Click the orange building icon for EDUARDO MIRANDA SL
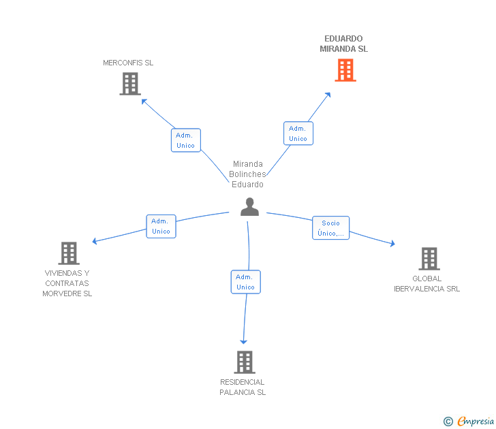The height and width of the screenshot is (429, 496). (345, 70)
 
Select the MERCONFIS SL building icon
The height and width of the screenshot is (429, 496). (130, 84)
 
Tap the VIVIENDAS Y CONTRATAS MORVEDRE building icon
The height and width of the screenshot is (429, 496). (69, 253)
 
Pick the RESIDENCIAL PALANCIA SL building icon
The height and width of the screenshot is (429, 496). (245, 362)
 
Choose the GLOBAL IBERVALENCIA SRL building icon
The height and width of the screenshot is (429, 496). (429, 259)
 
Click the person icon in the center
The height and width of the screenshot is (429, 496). (249, 207)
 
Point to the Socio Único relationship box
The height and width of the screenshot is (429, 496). (331, 228)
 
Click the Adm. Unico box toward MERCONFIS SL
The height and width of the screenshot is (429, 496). (186, 140)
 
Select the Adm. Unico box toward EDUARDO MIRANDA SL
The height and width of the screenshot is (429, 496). (298, 133)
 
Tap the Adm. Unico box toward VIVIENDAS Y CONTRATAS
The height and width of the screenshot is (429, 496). (161, 226)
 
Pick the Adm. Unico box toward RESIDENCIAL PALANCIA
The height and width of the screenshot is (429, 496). (246, 282)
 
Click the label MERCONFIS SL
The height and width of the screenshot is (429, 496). (128, 63)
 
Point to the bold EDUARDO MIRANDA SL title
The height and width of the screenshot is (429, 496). (344, 44)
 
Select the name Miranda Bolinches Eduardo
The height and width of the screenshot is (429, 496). (248, 174)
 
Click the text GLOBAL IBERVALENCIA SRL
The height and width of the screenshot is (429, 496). (427, 283)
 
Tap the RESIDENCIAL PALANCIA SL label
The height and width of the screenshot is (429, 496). (243, 387)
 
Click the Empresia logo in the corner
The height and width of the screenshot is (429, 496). (469, 421)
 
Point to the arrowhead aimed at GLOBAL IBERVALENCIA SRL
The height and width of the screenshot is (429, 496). (392, 243)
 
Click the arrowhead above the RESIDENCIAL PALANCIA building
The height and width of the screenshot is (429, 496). (244, 342)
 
